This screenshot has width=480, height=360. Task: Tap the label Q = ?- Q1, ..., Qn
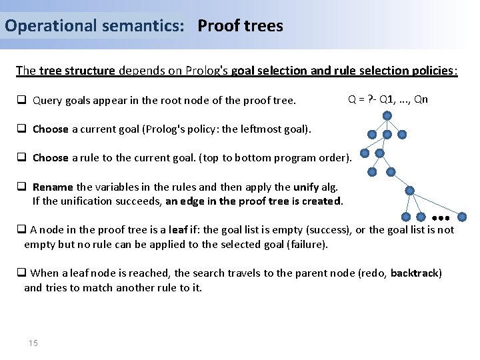point(388,100)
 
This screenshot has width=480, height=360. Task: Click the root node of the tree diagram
point(387,115)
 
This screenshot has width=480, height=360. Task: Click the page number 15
point(33,343)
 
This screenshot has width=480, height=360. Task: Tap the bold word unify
point(306,187)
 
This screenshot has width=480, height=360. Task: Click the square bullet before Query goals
point(21,101)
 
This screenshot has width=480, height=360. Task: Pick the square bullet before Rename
point(21,187)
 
